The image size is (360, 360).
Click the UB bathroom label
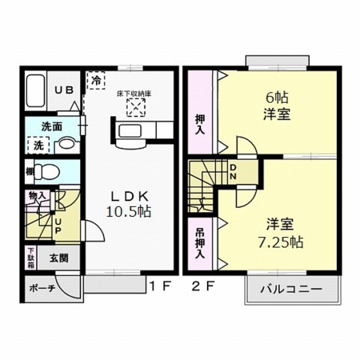point(62,91)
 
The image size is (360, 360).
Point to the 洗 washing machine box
point(38,145)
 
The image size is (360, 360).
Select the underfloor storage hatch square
point(135,107)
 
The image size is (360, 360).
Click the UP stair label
point(59,225)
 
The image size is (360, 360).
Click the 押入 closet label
point(200,124)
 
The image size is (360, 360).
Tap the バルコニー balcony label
point(291,289)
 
